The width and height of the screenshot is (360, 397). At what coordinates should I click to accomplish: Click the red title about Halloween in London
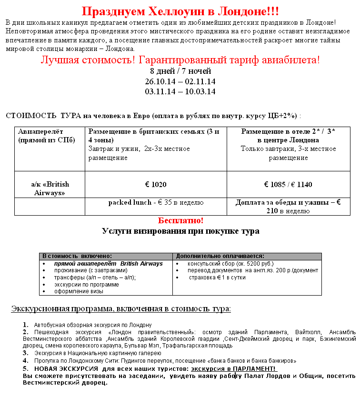click(180, 11)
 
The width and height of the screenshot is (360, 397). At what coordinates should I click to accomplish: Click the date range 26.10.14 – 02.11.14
click(180, 81)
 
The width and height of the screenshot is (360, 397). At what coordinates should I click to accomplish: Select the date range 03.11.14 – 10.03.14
click(180, 91)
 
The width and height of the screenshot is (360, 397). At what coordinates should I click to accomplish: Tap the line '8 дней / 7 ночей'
click(180, 71)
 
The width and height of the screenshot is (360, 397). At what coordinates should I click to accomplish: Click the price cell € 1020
click(156, 184)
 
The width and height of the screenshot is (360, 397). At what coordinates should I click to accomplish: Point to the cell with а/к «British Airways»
click(50, 189)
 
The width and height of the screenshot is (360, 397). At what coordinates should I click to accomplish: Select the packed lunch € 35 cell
click(156, 202)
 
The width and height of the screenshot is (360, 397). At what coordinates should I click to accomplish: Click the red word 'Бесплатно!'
click(180, 221)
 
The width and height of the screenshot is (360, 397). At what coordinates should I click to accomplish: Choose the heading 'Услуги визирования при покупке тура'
click(180, 231)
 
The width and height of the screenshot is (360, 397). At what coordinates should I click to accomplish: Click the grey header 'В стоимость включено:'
click(77, 256)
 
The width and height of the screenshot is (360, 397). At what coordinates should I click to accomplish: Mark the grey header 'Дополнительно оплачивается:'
click(220, 256)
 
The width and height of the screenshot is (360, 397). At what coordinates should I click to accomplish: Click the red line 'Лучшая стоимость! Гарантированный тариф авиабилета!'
click(180, 60)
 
